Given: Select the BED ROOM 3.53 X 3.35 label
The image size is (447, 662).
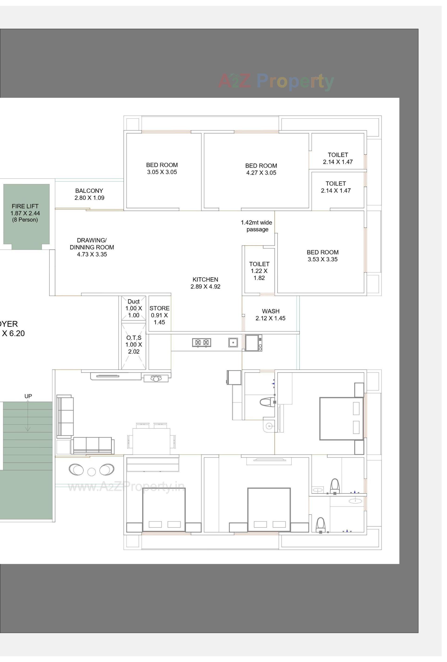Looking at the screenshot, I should tap(322, 256).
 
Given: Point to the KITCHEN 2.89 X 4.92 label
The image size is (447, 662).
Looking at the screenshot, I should tap(205, 283).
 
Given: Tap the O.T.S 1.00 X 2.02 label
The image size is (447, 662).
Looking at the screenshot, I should tap(134, 345).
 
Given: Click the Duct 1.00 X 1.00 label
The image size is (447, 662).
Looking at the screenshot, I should tap(134, 308).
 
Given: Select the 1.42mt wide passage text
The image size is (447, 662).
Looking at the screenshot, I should tap(256, 226).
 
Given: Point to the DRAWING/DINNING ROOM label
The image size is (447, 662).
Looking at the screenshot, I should tap(92, 247).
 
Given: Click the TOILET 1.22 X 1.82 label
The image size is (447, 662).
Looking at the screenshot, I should tap(259, 271).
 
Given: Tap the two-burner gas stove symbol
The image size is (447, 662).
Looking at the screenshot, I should tap(202, 343).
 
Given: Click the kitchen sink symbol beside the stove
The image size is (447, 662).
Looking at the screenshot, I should tap(233, 342).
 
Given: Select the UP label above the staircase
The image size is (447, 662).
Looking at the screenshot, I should tap(28, 396).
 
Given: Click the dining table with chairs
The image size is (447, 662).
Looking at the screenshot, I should tap(151, 439).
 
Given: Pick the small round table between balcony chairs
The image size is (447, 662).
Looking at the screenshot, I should tap(91, 472).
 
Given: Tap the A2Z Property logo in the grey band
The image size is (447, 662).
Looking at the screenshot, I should tap(276, 81).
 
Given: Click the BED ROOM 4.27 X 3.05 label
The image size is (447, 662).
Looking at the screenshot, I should tap(261, 169).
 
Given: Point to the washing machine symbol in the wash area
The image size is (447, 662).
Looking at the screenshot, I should tap(253, 343).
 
